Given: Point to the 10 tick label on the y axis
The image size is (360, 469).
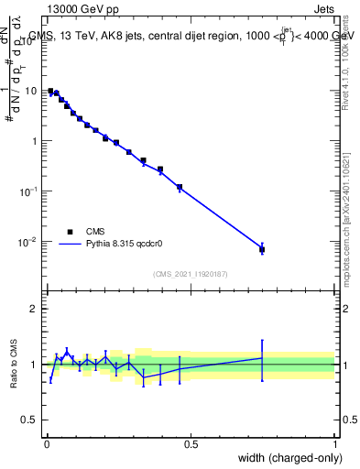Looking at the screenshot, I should click(30, 91).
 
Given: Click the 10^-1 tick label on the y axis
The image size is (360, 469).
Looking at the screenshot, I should click(28, 191).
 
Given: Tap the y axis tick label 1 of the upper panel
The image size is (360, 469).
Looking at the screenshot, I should click(34, 141).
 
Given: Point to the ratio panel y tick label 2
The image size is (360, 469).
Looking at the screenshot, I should click(34, 309).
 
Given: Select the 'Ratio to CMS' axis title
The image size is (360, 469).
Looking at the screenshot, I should click(14, 364).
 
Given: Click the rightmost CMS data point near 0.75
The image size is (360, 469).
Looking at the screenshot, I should click(262, 249).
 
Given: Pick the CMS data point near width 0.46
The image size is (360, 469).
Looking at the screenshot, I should click(180, 187).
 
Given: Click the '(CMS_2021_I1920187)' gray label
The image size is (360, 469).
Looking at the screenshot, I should click(190, 274).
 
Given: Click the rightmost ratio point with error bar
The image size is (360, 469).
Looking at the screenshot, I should click(262, 358).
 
